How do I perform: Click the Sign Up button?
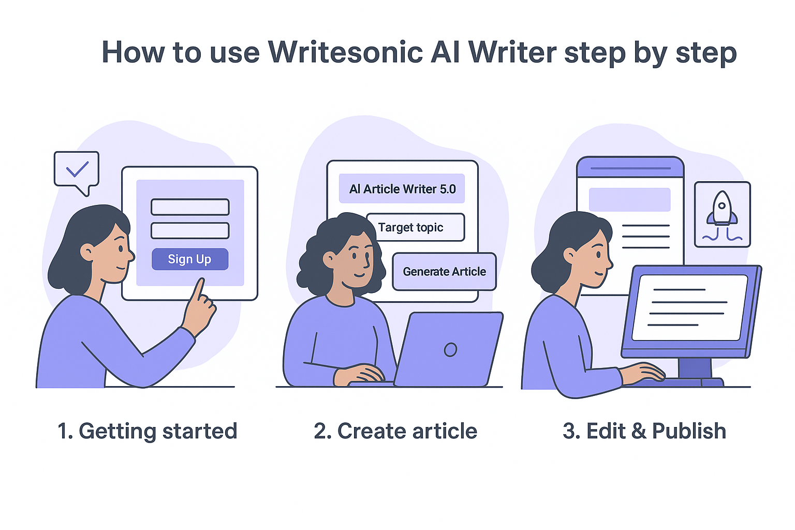click(x=189, y=259)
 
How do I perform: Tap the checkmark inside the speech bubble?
click(x=77, y=169)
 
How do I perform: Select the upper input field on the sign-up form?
click(x=190, y=207)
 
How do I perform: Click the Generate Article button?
click(x=444, y=272)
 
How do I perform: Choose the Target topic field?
click(x=416, y=228)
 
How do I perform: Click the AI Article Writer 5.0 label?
click(x=402, y=189)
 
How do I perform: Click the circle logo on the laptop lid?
click(x=450, y=350)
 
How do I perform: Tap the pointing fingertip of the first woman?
click(x=200, y=282)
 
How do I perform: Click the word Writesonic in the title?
click(x=345, y=52)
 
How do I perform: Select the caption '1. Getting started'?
click(x=148, y=431)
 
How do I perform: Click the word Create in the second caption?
click(x=368, y=431)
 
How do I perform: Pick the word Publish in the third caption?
click(x=689, y=431)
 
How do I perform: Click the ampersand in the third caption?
click(x=639, y=431)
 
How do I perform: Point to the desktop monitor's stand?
click(x=695, y=369)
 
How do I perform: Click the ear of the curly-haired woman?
click(x=329, y=259)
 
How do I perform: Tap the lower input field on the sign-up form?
click(x=190, y=231)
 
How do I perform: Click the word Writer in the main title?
click(x=512, y=52)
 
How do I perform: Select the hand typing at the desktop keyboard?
click(x=644, y=373)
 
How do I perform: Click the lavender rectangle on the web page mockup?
click(x=629, y=200)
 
